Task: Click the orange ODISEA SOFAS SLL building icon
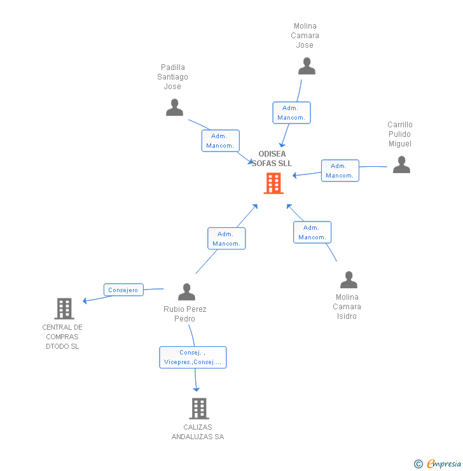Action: pyautogui.click(x=273, y=183)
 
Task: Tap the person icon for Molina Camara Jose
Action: pyautogui.click(x=307, y=66)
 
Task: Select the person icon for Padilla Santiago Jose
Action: pyautogui.click(x=174, y=108)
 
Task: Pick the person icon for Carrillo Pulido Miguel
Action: pyautogui.click(x=401, y=165)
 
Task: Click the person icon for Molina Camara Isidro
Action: pyautogui.click(x=349, y=280)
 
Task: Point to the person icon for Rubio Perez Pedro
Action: pyautogui.click(x=186, y=292)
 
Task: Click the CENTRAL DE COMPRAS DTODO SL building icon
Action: pyautogui.click(x=64, y=309)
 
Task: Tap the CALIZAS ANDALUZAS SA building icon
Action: pyautogui.click(x=199, y=409)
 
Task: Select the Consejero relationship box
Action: pyautogui.click(x=123, y=290)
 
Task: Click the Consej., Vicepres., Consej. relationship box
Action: pyautogui.click(x=193, y=357)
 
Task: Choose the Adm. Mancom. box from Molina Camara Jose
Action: pyautogui.click(x=291, y=113)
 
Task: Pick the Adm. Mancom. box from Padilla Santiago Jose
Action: pyautogui.click(x=220, y=141)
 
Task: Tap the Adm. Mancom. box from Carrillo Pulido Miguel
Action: pyautogui.click(x=340, y=171)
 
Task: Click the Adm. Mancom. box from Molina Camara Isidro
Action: pyautogui.click(x=312, y=232)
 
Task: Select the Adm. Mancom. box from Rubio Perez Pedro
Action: pyautogui.click(x=226, y=239)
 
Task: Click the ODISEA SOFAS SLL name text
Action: pyautogui.click(x=272, y=158)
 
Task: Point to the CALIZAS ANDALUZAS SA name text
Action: pyautogui.click(x=198, y=432)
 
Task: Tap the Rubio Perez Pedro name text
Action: pyautogui.click(x=185, y=314)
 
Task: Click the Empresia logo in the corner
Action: pyautogui.click(x=438, y=464)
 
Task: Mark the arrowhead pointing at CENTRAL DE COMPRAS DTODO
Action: pyautogui.click(x=85, y=300)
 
